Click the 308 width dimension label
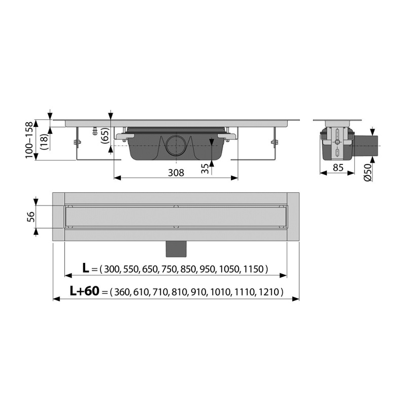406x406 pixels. (176, 173)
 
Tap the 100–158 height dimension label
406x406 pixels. (29, 140)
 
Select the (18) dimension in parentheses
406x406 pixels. (44, 142)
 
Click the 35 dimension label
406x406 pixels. (205, 169)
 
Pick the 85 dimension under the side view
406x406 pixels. (338, 168)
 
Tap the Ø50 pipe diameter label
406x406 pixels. (367, 172)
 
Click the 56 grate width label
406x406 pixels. (30, 217)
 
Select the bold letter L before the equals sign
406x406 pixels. (86, 268)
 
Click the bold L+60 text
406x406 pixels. (84, 291)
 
